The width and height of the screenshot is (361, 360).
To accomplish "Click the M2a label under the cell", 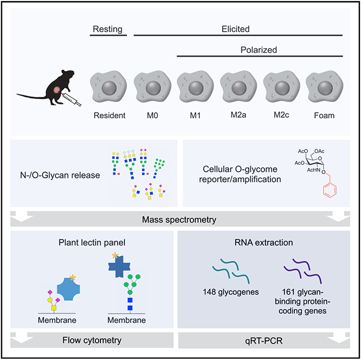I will point(238,115).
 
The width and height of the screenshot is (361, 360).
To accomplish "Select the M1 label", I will point(195,115).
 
